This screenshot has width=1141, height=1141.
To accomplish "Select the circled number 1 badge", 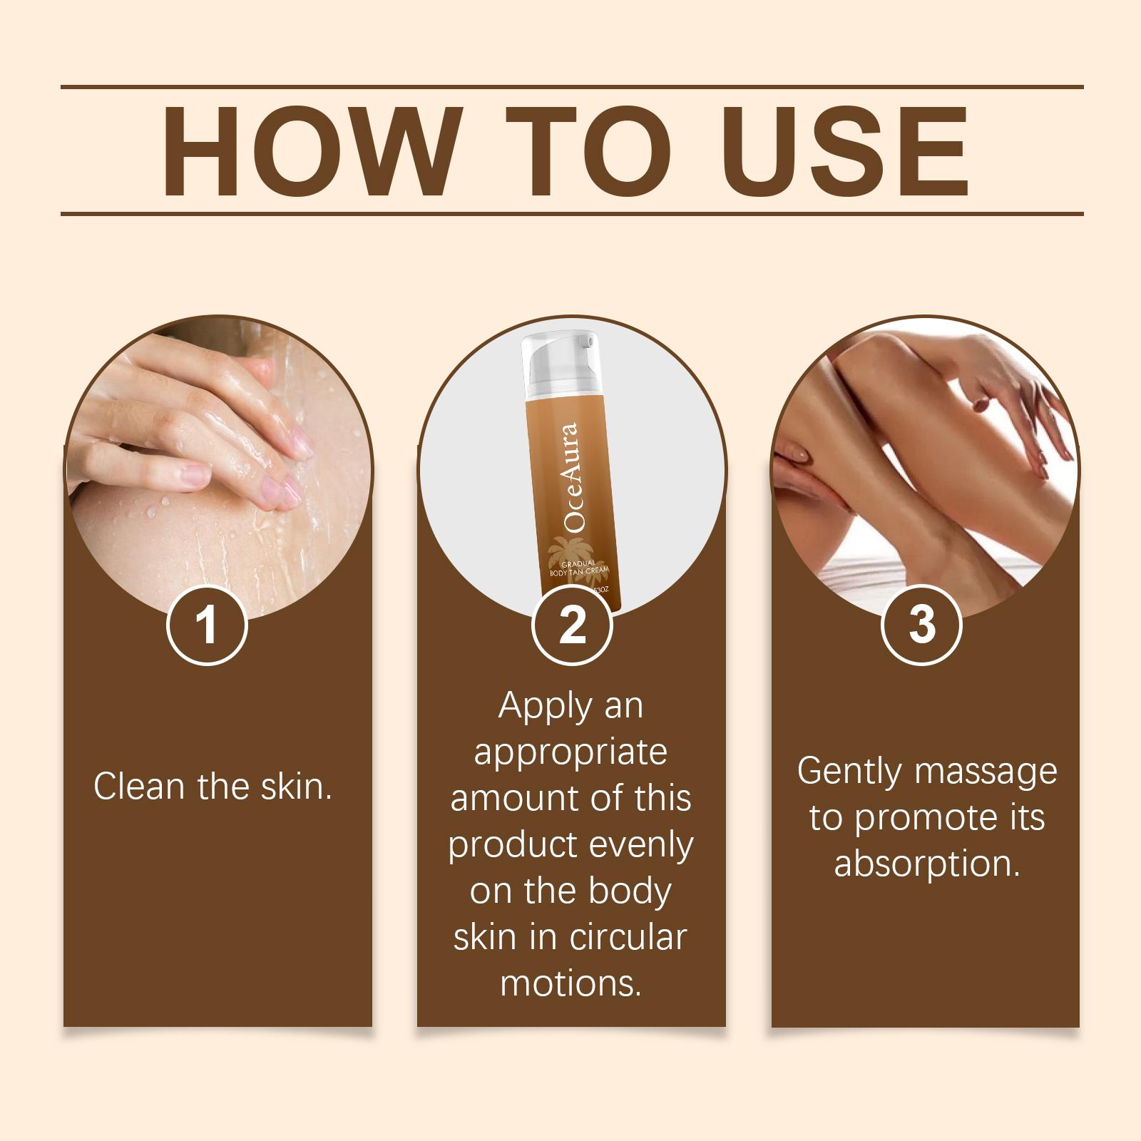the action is (207, 625).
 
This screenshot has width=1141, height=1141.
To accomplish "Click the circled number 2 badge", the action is (572, 625).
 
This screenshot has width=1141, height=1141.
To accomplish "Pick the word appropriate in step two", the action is (570, 753).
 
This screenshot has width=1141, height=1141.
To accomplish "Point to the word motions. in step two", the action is (570, 983).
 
